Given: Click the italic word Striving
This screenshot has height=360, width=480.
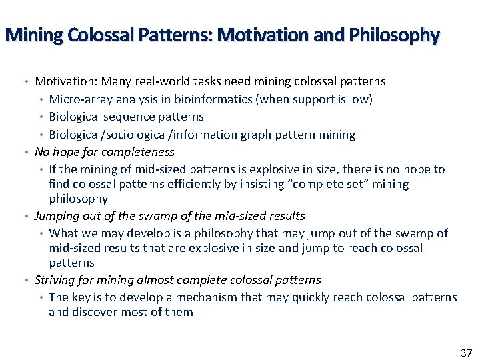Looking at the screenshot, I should point(55,280).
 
